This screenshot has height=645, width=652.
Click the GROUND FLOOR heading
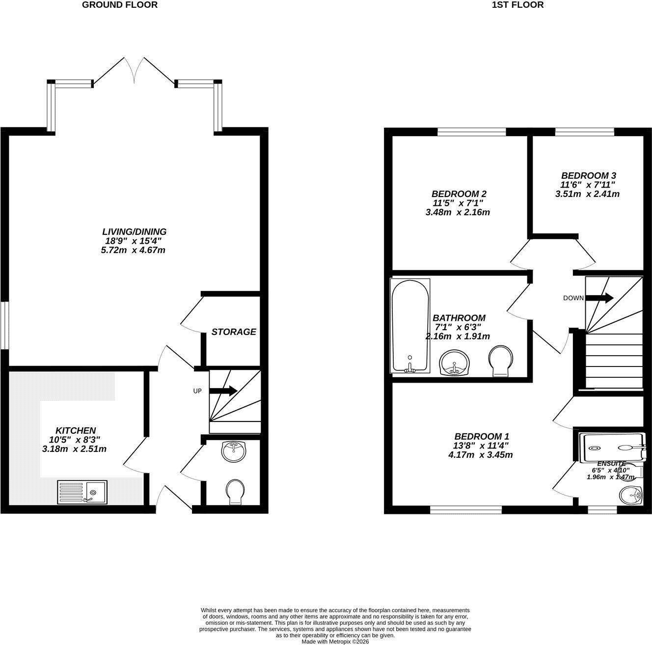[x=119, y=5]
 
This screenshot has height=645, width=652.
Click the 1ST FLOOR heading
[x=518, y=5]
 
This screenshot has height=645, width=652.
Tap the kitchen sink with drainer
[x=82, y=492]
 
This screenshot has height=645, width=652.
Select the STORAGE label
[x=234, y=332]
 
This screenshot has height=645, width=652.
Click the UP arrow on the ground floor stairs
[x=223, y=391]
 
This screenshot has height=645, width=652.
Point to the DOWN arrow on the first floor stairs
[x=599, y=298]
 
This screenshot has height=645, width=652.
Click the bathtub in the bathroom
[x=410, y=326]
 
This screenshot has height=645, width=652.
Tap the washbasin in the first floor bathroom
[x=455, y=363]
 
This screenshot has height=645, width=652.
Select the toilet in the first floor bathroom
[x=501, y=361]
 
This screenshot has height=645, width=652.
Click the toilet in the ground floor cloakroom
[x=235, y=492]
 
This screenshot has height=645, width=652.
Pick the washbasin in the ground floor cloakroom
[x=234, y=451]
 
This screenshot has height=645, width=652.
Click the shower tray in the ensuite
[x=611, y=448]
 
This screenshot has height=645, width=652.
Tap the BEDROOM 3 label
[x=588, y=176]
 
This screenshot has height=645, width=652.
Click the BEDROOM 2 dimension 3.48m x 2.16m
[x=458, y=212]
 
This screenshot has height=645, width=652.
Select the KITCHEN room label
[x=76, y=430]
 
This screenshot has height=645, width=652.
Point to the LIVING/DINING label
[x=135, y=231]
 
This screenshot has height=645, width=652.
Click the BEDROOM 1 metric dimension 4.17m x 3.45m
[x=481, y=455]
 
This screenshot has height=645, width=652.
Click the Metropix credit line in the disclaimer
[x=335, y=642]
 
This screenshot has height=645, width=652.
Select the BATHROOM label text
[x=459, y=318]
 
